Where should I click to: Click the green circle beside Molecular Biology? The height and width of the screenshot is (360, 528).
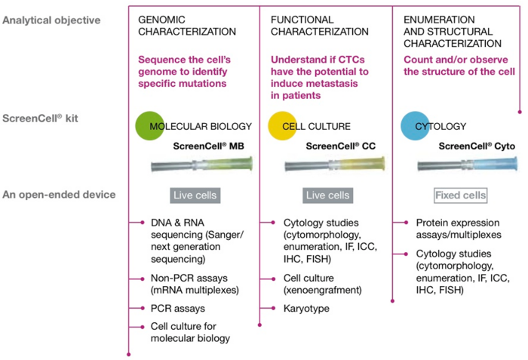[x=149, y=126]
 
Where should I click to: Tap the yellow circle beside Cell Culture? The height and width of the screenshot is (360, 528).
[x=282, y=126]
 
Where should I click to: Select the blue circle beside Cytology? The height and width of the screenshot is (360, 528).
[x=415, y=126]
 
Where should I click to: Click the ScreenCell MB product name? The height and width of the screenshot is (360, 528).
[x=208, y=146]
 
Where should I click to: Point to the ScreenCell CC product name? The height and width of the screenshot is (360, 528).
[x=341, y=146]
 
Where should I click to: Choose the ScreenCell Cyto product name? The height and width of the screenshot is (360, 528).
[x=477, y=146]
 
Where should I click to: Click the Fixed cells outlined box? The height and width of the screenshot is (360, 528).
[x=461, y=195]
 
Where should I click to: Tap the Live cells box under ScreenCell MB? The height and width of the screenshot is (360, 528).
[x=195, y=195]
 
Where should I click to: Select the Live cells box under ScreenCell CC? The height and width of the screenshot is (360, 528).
[x=327, y=195]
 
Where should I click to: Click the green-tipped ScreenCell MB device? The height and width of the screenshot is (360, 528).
[x=201, y=165]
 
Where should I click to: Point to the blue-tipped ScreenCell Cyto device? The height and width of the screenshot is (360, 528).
[x=468, y=165]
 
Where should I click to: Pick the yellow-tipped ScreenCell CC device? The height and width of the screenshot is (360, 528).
[x=335, y=165]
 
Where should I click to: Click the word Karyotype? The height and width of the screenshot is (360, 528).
[x=306, y=309]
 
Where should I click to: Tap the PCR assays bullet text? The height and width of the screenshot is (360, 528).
[x=178, y=309]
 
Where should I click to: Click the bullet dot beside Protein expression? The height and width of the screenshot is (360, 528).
[x=406, y=223]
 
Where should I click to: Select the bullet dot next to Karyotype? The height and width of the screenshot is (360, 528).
[x=273, y=308]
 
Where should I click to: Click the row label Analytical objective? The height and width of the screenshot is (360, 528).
[x=51, y=20]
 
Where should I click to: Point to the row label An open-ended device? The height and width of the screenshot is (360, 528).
[x=59, y=195]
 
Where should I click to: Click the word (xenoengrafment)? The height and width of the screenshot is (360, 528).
[x=323, y=291]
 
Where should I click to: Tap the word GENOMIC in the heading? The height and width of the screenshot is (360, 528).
[x=161, y=20]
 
